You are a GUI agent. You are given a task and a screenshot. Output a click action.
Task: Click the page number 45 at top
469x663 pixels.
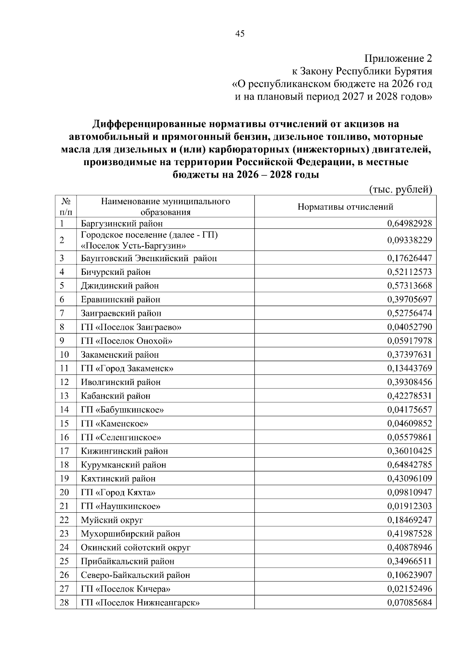point(240,34)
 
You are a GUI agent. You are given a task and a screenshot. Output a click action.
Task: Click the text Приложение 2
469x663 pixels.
point(398,59)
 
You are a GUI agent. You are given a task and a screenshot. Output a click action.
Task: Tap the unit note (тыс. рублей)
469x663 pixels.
point(401,189)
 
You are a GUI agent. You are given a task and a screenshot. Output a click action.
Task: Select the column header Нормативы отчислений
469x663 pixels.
point(345,207)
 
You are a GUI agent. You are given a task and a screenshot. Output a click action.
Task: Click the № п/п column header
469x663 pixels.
point(66,207)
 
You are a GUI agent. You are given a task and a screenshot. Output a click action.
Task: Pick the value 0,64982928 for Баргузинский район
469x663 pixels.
point(410,224)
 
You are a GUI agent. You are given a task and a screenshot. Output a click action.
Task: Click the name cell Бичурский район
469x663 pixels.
point(116,272)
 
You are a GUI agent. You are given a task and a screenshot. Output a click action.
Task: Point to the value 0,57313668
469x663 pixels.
point(410,286)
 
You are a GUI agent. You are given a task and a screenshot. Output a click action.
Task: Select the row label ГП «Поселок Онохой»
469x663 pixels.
point(127,341)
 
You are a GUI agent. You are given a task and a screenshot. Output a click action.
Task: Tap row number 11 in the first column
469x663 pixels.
point(64,368)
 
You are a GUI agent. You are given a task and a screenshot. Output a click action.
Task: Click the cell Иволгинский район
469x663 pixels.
point(121,382)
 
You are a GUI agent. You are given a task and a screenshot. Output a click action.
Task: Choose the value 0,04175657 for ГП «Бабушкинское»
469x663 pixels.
point(410,410)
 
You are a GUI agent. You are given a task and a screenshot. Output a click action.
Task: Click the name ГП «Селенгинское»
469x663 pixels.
point(121,437)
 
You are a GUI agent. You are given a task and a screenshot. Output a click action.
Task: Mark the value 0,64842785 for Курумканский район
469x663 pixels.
point(410,465)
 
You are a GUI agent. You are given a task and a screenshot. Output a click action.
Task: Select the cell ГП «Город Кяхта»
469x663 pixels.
point(118,492)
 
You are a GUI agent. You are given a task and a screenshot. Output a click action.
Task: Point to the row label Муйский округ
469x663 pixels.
point(112,520)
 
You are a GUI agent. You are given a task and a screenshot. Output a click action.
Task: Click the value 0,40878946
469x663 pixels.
point(410,547)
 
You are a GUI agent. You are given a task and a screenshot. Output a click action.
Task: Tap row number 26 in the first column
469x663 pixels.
point(64,575)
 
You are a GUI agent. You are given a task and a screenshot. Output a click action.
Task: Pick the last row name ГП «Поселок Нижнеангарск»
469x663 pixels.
point(140,603)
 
